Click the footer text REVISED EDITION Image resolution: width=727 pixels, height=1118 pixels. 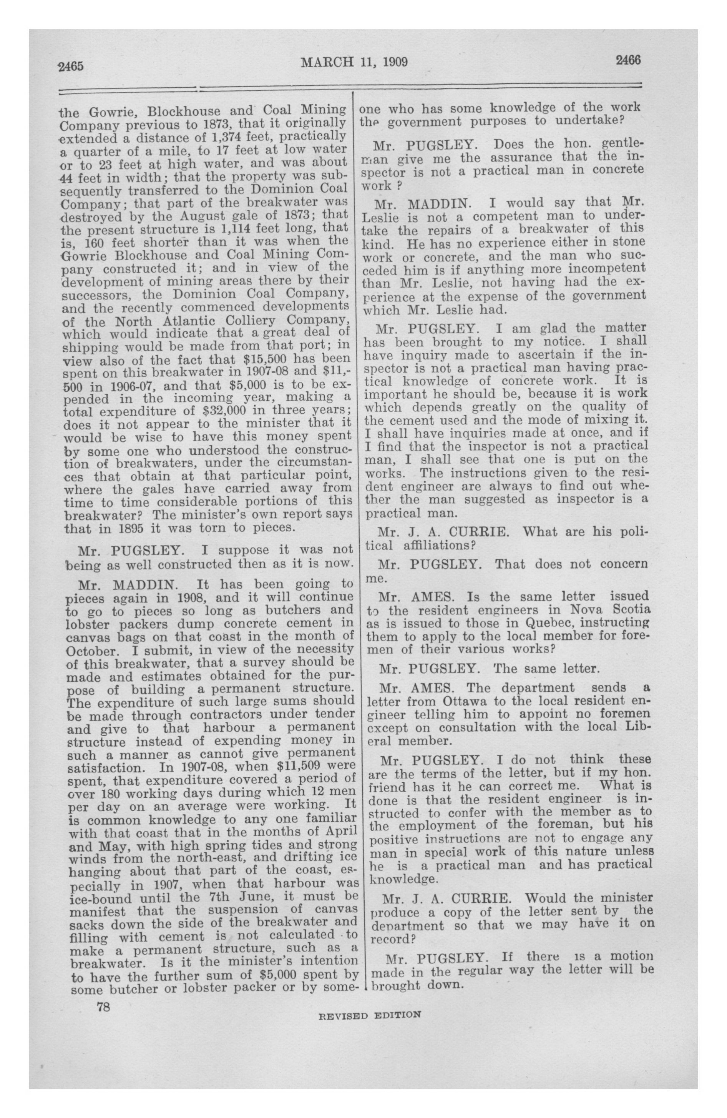click(370, 1015)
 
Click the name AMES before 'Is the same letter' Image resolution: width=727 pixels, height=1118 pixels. click(432, 597)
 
